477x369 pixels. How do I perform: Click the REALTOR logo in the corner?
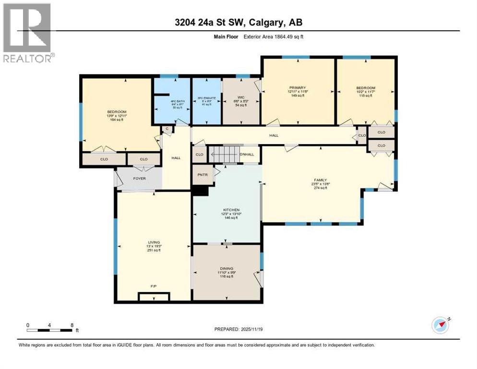click(28, 33)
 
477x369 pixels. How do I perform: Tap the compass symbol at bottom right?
click(441, 325)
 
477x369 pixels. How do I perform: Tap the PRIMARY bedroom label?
click(298, 88)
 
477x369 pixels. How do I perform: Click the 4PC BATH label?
click(170, 101)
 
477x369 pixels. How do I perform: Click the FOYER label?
click(139, 179)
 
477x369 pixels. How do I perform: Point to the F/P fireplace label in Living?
click(154, 286)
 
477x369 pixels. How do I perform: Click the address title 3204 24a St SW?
click(238, 22)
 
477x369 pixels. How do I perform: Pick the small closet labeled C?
click(167, 128)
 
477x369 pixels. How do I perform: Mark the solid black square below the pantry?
click(200, 191)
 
